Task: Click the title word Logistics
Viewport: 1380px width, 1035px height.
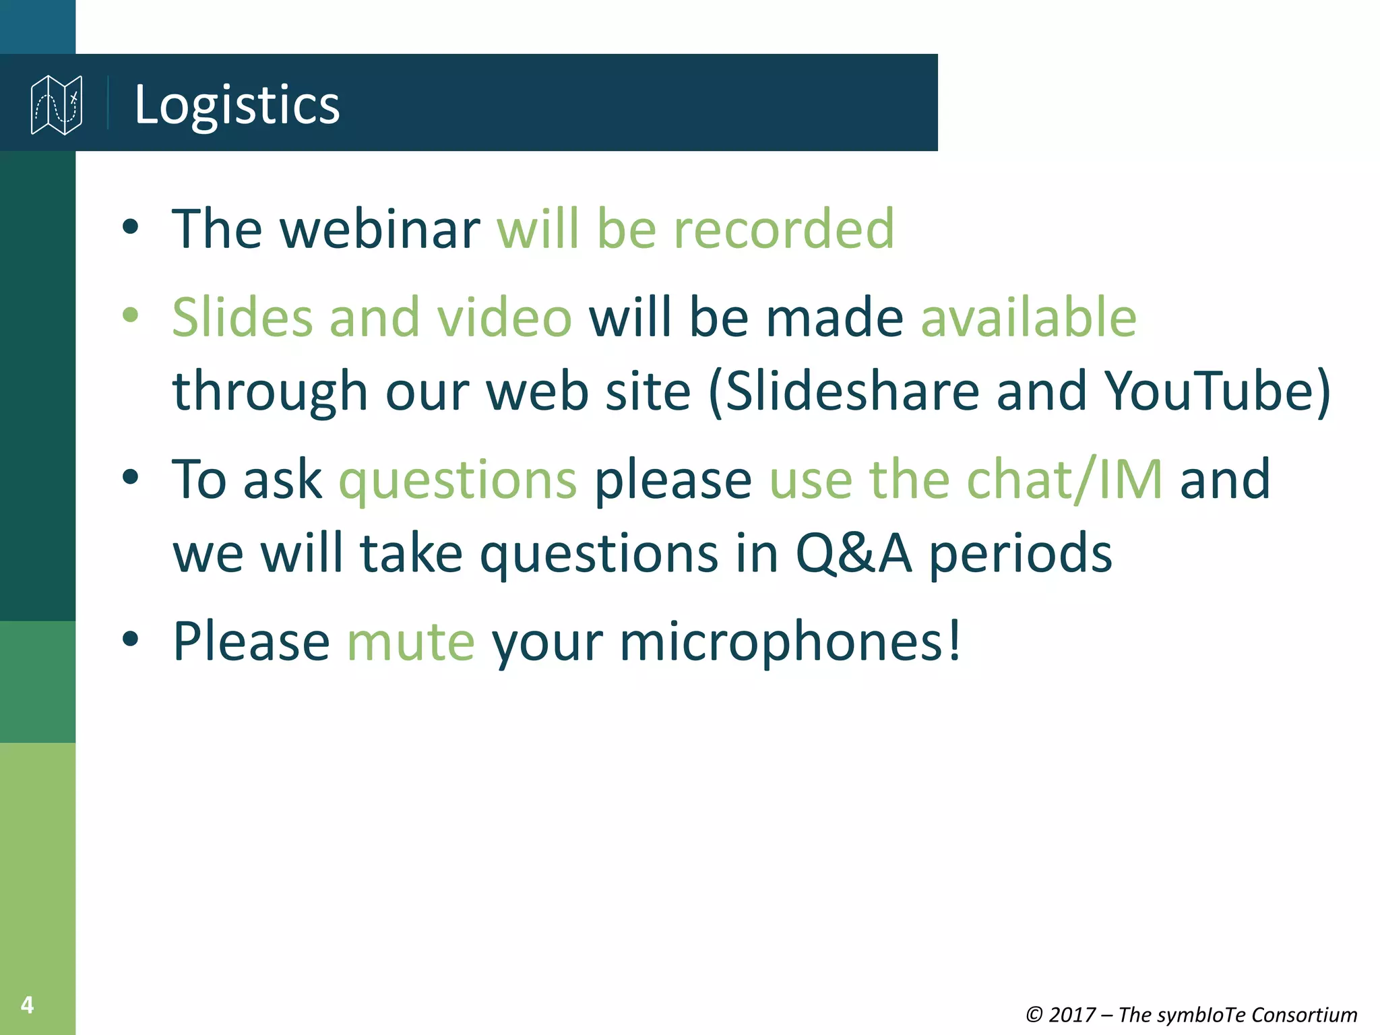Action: tap(237, 104)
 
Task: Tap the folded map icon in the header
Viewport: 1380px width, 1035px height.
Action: tap(57, 104)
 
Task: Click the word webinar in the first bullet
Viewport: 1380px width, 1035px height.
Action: tap(379, 229)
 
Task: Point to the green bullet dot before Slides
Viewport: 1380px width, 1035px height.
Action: tap(131, 315)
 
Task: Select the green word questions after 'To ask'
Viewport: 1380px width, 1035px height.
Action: tap(458, 480)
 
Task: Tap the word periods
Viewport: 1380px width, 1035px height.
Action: tap(1020, 554)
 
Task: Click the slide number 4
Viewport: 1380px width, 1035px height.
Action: tap(27, 1005)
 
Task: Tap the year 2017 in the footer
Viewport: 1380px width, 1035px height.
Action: tap(1072, 1015)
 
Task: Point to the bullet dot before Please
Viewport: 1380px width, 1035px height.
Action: tap(131, 639)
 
